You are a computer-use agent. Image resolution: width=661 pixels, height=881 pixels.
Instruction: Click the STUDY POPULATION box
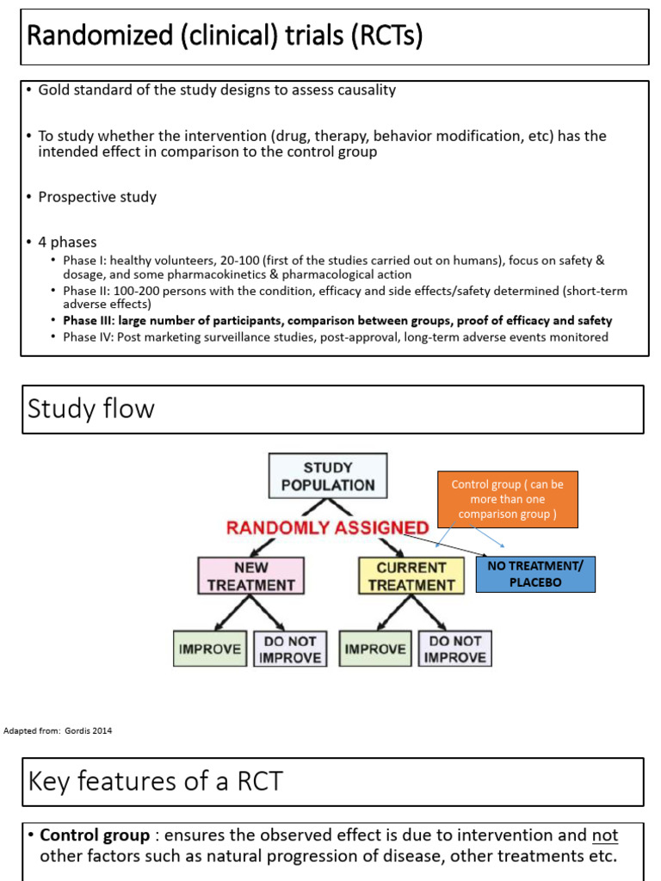point(328,476)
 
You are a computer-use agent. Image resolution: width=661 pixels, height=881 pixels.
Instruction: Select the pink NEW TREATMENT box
point(250,576)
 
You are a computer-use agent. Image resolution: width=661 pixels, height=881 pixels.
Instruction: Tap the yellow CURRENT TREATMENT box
point(411,576)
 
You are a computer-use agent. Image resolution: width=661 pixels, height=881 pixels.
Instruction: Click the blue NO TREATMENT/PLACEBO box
point(534,575)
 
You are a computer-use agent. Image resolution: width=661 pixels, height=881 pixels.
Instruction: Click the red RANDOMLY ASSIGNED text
point(327,527)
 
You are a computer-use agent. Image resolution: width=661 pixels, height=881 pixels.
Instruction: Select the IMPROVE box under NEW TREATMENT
point(210,650)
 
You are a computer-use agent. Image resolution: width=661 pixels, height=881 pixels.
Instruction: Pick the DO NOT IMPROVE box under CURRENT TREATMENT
point(455,650)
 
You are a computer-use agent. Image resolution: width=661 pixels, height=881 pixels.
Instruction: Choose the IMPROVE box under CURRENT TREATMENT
point(376,650)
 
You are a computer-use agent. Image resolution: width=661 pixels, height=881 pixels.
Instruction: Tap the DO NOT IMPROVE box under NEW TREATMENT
point(288,650)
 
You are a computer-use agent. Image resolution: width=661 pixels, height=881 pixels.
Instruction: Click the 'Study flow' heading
point(91,408)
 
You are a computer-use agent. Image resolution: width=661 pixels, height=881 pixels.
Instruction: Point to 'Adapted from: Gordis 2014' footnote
point(59,731)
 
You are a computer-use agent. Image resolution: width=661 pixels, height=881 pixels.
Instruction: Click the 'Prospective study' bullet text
point(97,197)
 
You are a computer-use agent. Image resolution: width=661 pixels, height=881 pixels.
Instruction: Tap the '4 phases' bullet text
point(67,242)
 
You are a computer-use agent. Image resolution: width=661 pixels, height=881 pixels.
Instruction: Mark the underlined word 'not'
point(604,835)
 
